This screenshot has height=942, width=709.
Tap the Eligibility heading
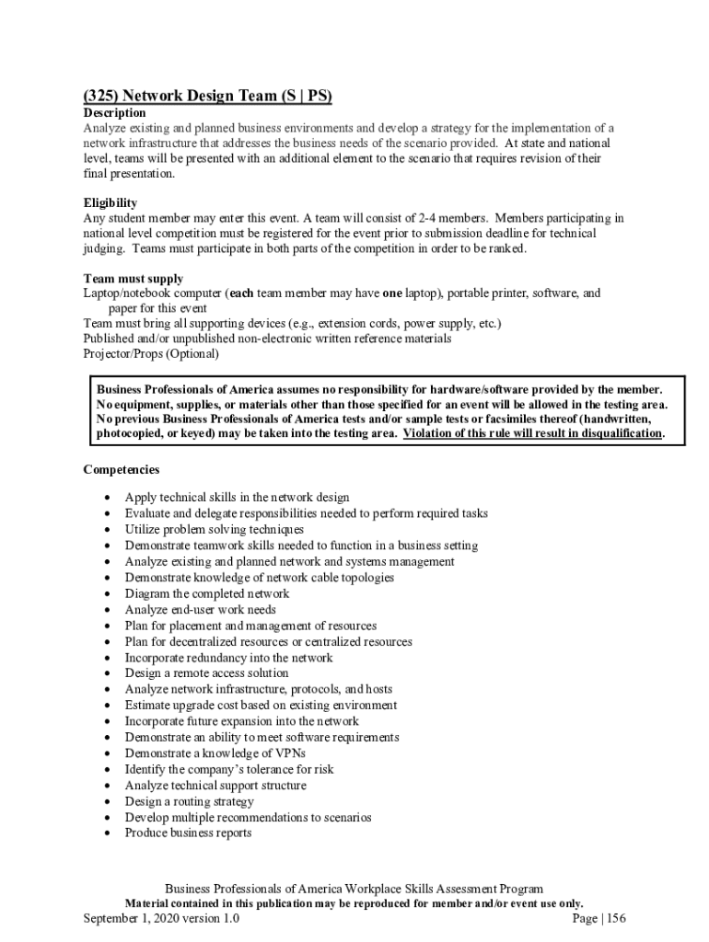point(110,202)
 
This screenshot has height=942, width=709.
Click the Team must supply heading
point(134,279)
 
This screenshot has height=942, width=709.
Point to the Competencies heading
point(122,470)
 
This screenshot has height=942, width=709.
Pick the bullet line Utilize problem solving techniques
point(214,530)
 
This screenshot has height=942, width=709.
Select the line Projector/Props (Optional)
point(151,353)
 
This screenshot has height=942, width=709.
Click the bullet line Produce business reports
point(188,833)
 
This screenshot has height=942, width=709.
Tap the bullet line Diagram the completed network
point(206,593)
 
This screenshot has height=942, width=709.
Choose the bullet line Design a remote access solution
point(206,673)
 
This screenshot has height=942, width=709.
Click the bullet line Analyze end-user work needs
point(200,610)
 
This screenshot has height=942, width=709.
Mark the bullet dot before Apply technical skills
point(109,498)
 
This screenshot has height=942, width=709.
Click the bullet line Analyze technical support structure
point(215,786)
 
